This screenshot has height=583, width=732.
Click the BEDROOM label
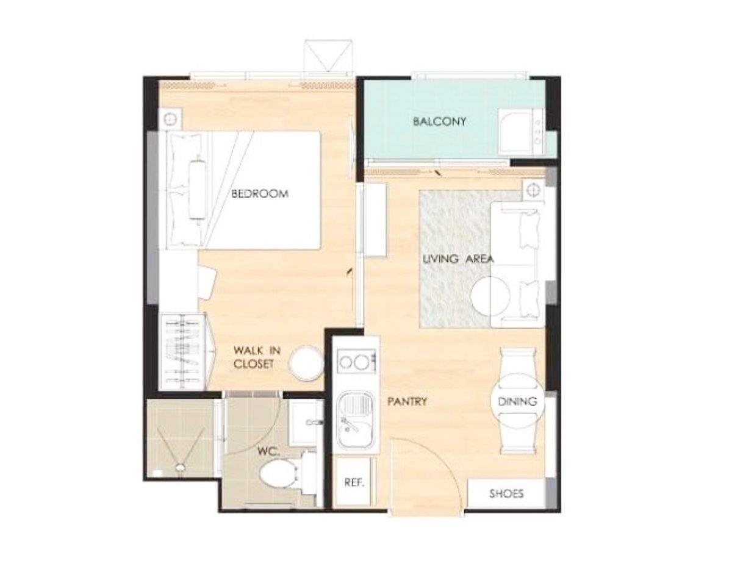point(260,194)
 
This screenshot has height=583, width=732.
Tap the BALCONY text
point(439,121)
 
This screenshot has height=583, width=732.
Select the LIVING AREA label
point(458,259)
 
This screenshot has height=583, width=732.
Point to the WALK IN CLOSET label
point(256,357)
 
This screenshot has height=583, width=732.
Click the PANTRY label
point(407,402)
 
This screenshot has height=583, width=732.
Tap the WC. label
point(268,452)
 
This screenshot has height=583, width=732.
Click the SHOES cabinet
point(506,493)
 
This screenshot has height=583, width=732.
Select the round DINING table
point(517,401)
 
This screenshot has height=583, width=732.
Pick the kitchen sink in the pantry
point(356,420)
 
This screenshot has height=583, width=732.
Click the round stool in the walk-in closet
point(306,363)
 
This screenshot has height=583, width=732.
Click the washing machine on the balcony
point(521,131)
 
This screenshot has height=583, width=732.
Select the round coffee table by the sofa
point(490,295)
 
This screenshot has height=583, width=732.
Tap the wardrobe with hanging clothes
point(184,352)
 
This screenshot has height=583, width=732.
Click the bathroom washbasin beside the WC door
point(306,423)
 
